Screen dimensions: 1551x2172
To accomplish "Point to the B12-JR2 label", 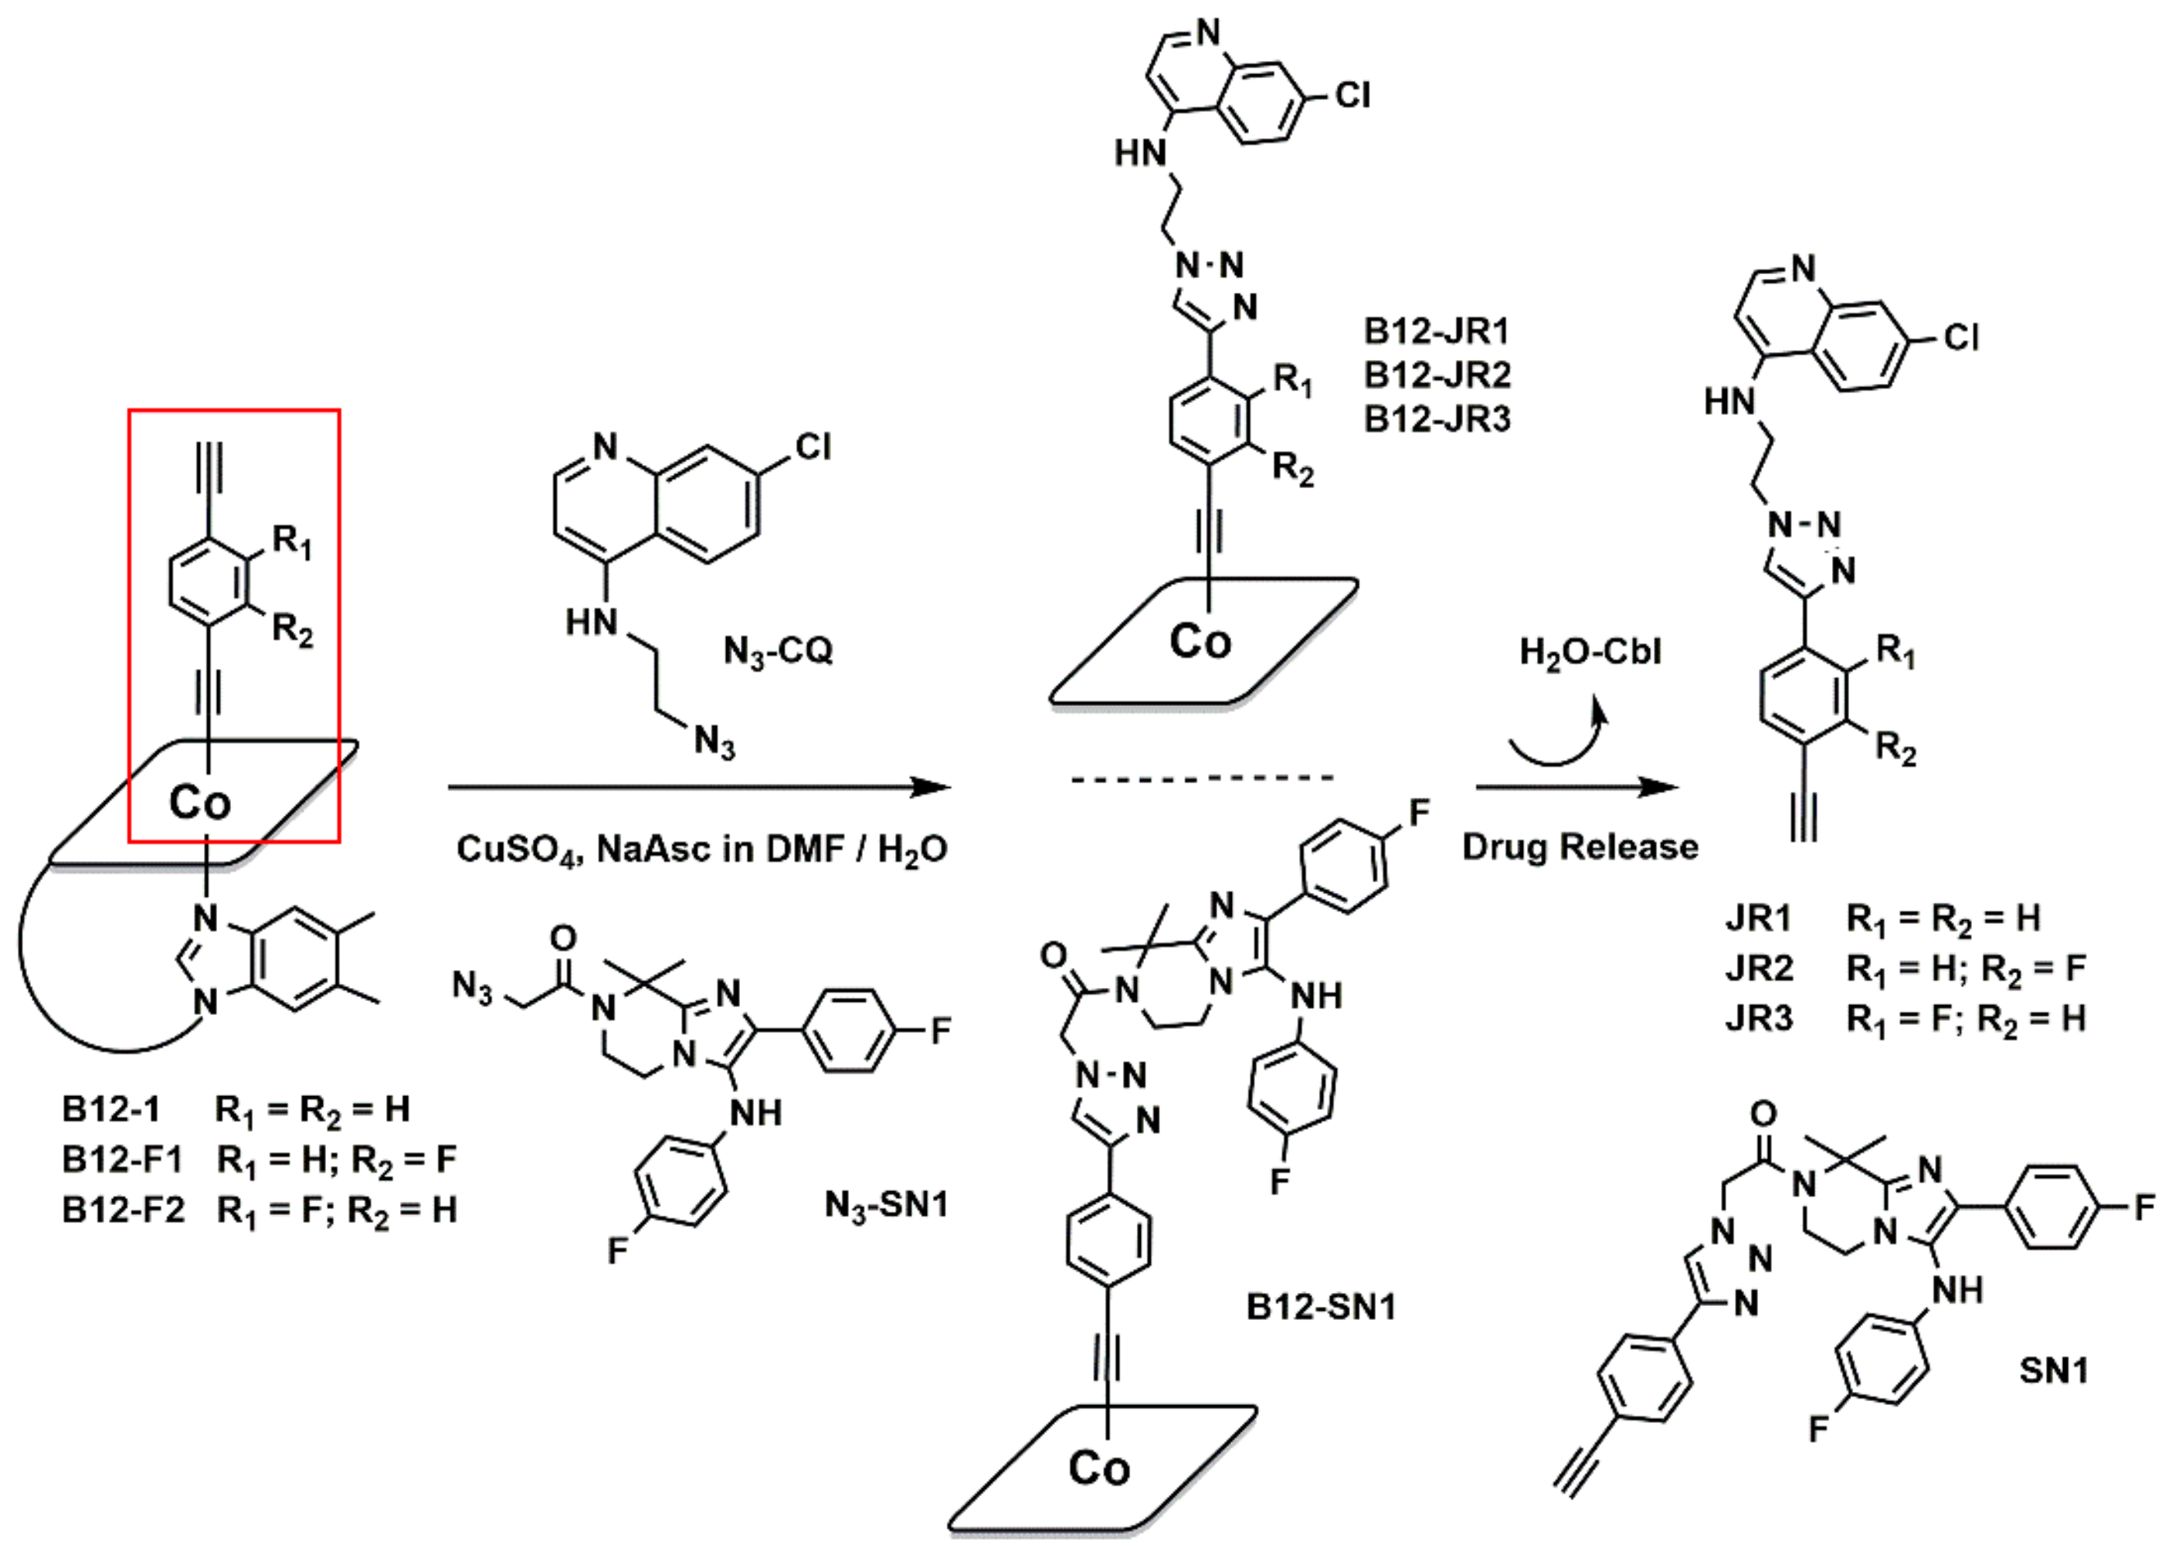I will click(x=1437, y=375).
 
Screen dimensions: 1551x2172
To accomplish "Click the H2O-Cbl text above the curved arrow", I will click(x=1590, y=652).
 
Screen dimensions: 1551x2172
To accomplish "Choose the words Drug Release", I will click(x=1580, y=847).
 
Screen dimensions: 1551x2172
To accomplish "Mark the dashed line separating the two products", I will click(x=1202, y=779).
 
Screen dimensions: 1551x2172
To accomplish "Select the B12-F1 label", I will click(x=122, y=1159).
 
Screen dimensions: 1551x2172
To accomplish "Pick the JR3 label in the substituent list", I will click(x=1759, y=1019).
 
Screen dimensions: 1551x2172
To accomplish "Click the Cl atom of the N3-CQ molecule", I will click(x=813, y=447).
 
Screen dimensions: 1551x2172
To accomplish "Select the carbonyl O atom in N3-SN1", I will click(x=565, y=937).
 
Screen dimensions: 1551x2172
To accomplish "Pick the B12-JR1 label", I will click(x=1437, y=331).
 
